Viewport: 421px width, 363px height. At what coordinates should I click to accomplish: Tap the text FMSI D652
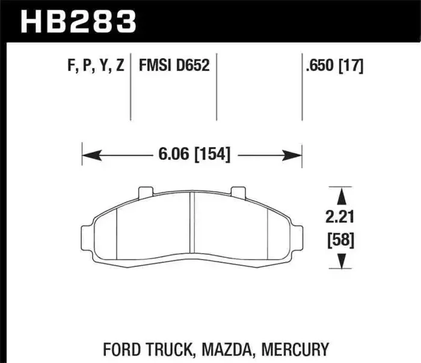pos(174,66)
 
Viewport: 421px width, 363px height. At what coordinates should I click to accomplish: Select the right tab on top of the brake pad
pos(239,192)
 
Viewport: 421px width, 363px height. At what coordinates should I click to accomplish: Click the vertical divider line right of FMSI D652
pos(217,87)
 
